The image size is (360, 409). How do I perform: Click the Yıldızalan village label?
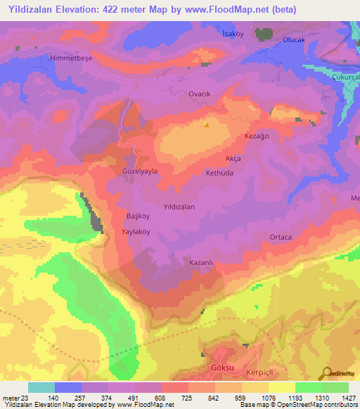click(179, 207)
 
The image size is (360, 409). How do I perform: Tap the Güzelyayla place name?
click(139, 171)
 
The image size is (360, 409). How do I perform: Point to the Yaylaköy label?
click(138, 231)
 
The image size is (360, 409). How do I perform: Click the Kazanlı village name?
click(201, 262)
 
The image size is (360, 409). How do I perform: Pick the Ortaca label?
click(281, 238)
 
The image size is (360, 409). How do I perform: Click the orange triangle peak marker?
click(206, 125)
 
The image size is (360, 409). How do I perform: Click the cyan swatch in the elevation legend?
click(41, 387)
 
